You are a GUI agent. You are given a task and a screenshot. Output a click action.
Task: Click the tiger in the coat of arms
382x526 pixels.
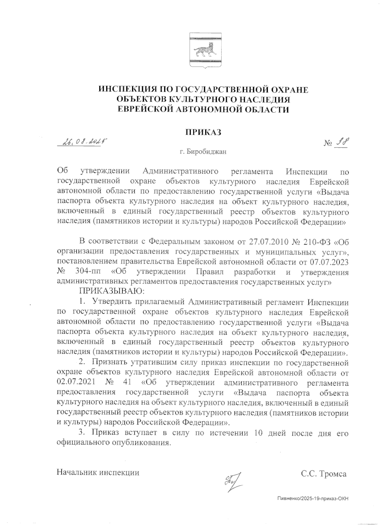[x=204, y=50]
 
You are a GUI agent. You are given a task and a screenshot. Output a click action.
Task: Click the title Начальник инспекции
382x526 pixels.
[x=98, y=472]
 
